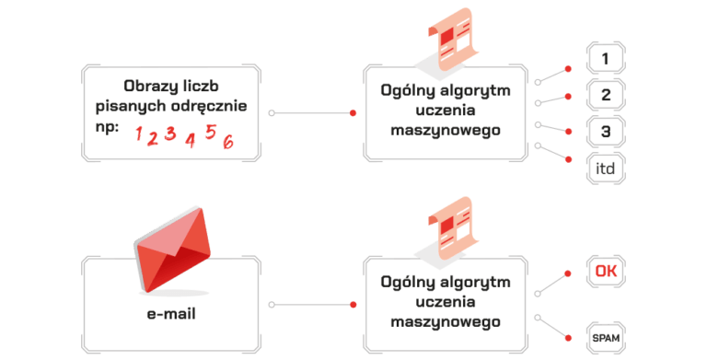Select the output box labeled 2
605,95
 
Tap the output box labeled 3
605,132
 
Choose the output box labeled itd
605,168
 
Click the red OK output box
605,271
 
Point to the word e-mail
170,314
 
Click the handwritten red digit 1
139,136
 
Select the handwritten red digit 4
190,141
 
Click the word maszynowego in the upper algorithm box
446,130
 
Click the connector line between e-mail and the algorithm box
312,302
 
